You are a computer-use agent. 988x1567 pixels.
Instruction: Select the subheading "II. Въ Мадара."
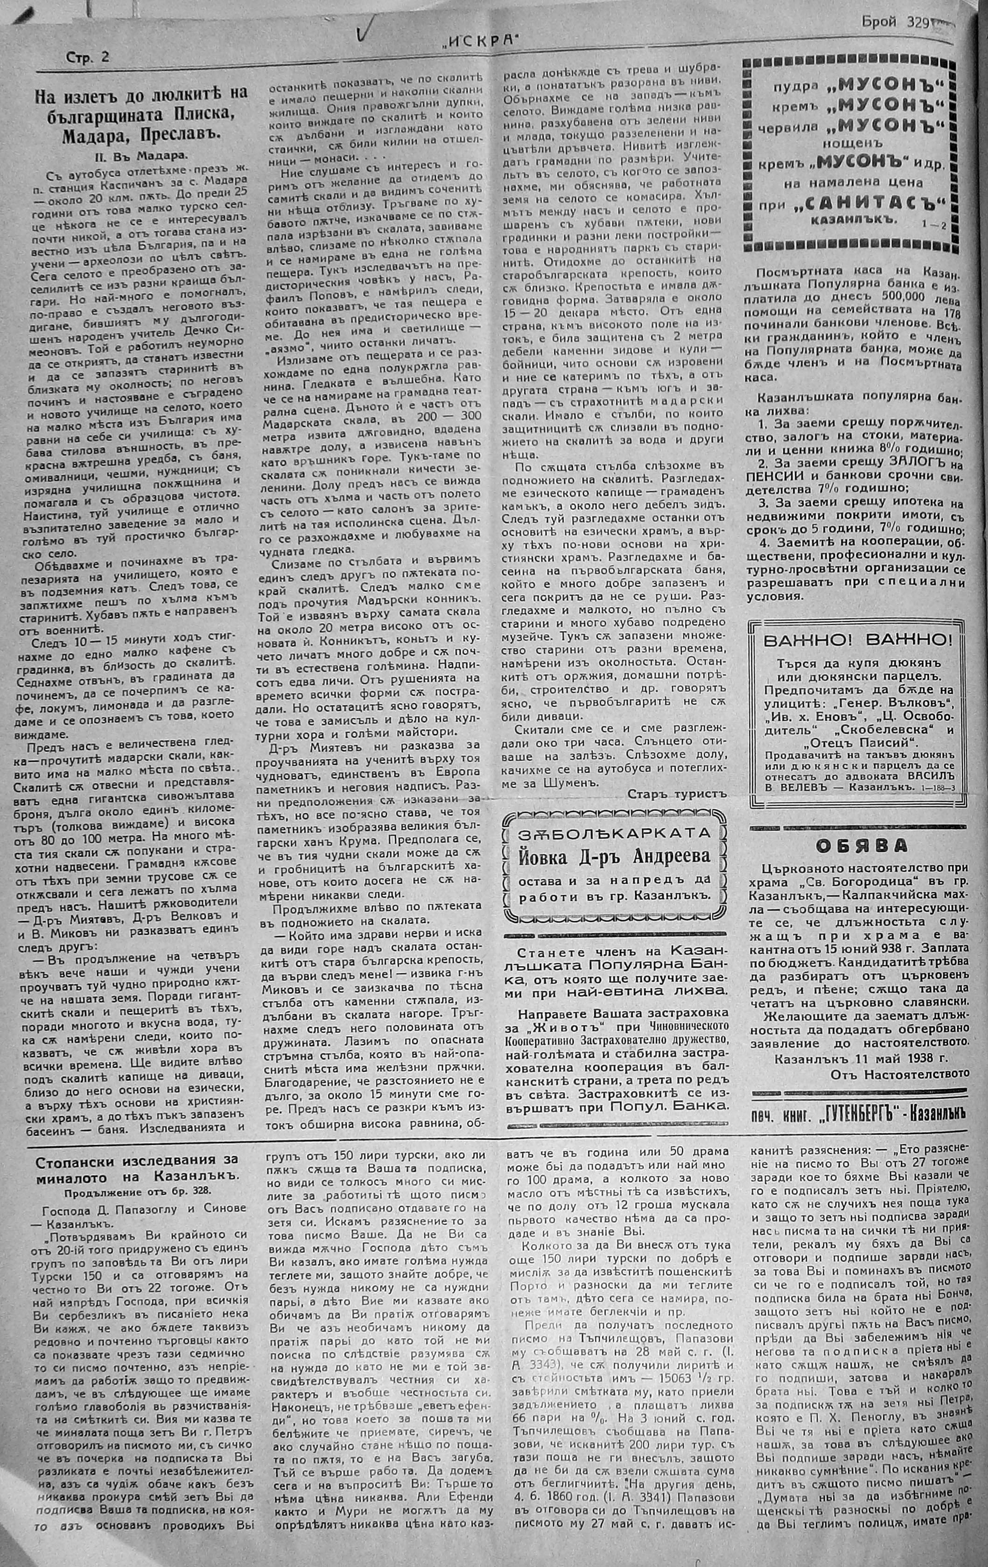pos(139,156)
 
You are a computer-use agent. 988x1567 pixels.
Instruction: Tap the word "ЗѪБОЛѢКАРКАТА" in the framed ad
pos(615,833)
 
